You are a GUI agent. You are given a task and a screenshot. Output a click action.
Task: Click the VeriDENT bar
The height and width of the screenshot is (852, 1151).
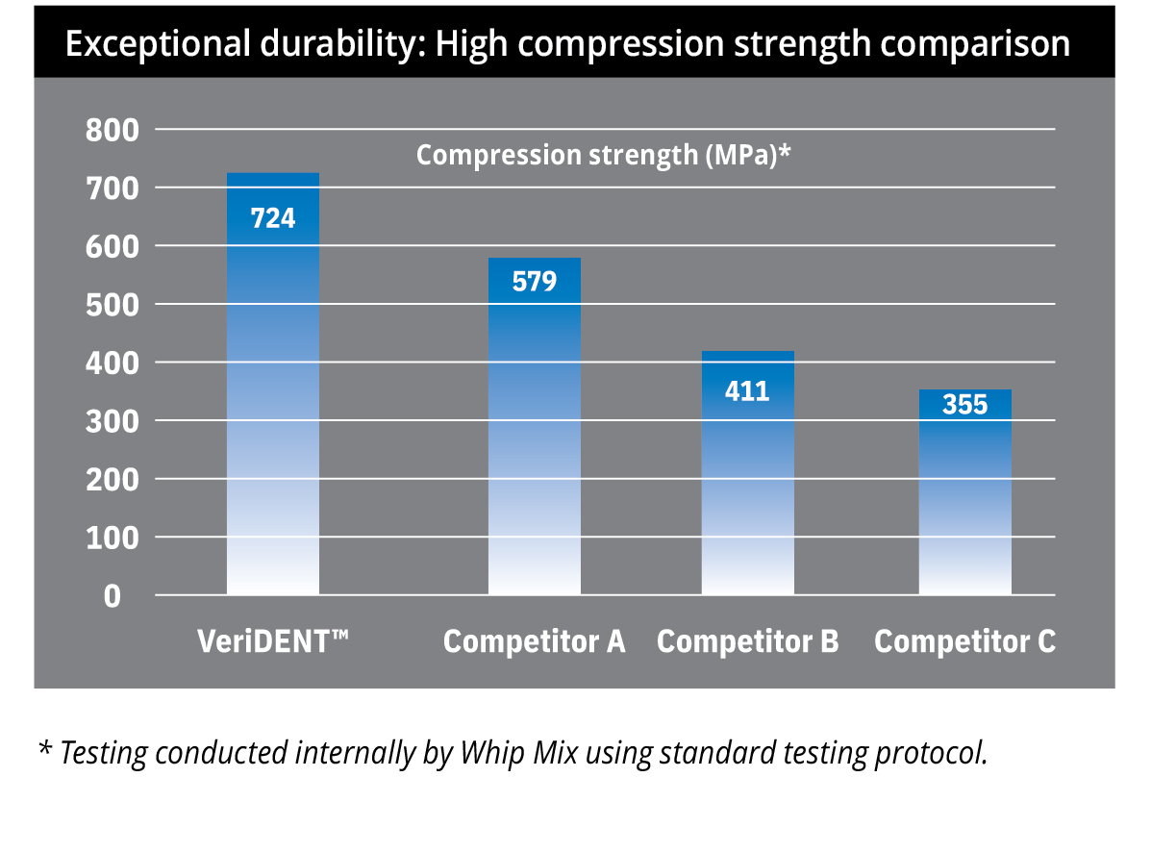point(272,404)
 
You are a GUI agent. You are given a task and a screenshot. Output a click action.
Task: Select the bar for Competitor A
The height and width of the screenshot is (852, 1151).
point(534,442)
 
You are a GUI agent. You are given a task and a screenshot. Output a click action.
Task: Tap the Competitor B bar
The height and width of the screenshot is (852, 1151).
point(747,490)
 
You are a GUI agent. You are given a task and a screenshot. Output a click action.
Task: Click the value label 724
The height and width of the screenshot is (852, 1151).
point(272,218)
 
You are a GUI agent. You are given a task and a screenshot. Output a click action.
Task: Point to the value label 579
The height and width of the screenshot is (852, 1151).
point(534,282)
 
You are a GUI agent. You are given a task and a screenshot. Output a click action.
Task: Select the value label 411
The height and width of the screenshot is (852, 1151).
point(747,391)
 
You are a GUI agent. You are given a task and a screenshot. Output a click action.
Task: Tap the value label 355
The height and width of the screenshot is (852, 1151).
point(964,405)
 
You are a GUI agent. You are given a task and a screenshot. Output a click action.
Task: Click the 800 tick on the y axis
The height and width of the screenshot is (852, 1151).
point(112,130)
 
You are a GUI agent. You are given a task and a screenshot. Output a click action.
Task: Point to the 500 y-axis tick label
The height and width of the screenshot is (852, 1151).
point(112,305)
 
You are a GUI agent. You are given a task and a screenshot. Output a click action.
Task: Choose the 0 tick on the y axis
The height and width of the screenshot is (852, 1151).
point(113,596)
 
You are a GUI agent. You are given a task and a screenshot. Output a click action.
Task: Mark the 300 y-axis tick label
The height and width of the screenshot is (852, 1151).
point(112,421)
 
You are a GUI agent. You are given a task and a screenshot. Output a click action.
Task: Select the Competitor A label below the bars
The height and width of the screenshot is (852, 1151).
point(534,641)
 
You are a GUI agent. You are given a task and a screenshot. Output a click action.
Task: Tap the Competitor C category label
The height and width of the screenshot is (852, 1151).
point(964,641)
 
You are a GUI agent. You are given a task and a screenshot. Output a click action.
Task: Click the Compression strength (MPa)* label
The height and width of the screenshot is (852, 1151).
point(603,156)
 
